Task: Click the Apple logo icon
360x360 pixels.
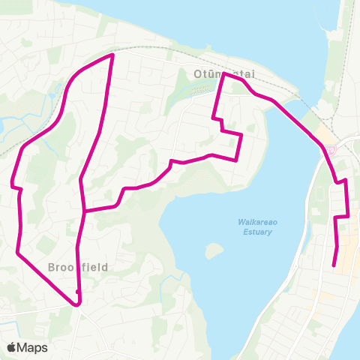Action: tap(12, 347)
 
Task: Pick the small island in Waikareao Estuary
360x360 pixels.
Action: tap(215, 250)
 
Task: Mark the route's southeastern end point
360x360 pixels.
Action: tap(334, 265)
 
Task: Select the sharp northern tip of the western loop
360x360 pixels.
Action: tap(112, 55)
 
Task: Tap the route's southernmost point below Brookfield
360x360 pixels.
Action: tap(76, 304)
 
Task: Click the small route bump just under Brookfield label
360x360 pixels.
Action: tap(78, 292)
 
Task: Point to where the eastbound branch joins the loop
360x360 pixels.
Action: tap(84, 211)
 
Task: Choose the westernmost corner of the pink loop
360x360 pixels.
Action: tap(12, 184)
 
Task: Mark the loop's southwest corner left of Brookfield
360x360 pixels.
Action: tap(17, 253)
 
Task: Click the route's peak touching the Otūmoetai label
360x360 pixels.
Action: tap(224, 73)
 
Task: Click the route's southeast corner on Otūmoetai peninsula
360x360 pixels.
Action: tap(236, 160)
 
